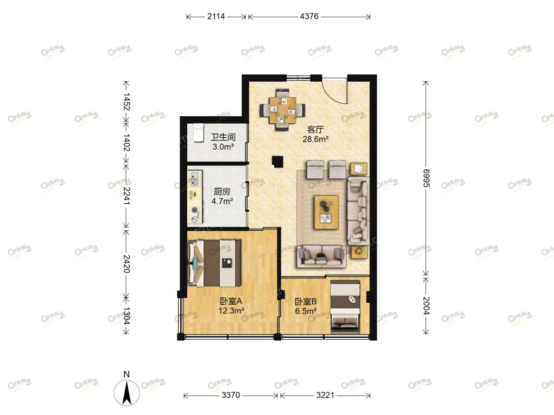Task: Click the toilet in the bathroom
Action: tap(199, 133)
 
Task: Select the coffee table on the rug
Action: tap(326, 212)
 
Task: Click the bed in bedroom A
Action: tap(214, 263)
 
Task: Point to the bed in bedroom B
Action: tap(345, 306)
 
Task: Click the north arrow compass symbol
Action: tap(127, 391)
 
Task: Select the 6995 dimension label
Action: tap(426, 178)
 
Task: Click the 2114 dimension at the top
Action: tap(216, 16)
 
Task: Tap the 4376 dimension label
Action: tap(309, 16)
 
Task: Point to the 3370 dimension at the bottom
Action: tap(231, 395)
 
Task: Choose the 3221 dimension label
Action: tap(325, 395)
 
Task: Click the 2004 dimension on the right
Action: tap(426, 306)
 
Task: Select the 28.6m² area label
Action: tap(315, 139)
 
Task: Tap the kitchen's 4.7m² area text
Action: tap(222, 201)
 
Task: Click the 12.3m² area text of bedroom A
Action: tap(232, 311)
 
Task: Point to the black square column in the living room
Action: tap(278, 162)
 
